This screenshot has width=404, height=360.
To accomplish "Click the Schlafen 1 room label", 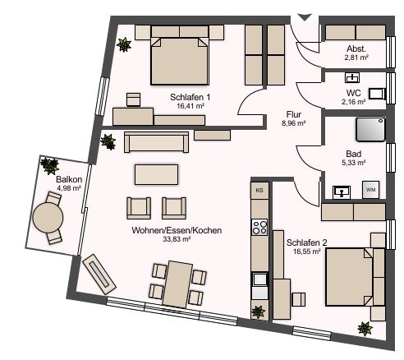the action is (x=190, y=97).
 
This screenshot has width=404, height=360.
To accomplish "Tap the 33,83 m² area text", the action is (x=177, y=239).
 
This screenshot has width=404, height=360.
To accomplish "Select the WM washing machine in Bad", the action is (x=371, y=190).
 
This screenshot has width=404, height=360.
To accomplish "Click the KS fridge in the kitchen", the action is (x=259, y=190).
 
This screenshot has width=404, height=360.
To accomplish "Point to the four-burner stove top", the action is (x=259, y=227).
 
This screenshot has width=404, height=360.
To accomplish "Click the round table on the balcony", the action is (x=48, y=218).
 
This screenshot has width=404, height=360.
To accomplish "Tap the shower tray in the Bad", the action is (x=370, y=129).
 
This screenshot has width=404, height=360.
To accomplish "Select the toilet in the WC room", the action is (x=377, y=94).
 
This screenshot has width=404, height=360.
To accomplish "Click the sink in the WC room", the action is (x=352, y=78).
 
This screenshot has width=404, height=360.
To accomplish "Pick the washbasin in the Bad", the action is (x=342, y=192).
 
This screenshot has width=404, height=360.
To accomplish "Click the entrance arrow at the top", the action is (x=305, y=17).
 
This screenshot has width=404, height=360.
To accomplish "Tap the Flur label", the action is (x=294, y=114).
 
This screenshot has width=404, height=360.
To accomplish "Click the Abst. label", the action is (x=356, y=48).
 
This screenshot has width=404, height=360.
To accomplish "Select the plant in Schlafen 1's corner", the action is (x=124, y=44).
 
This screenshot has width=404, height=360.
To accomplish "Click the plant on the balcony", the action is (x=49, y=166).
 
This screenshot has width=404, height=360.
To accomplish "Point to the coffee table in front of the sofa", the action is (x=156, y=174).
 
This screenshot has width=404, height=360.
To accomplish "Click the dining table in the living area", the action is (x=177, y=284).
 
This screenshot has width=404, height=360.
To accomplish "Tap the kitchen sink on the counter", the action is (x=259, y=279).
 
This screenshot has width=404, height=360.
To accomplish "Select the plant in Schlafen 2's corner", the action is (x=365, y=329).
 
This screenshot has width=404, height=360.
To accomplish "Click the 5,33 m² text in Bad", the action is (x=354, y=163).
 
